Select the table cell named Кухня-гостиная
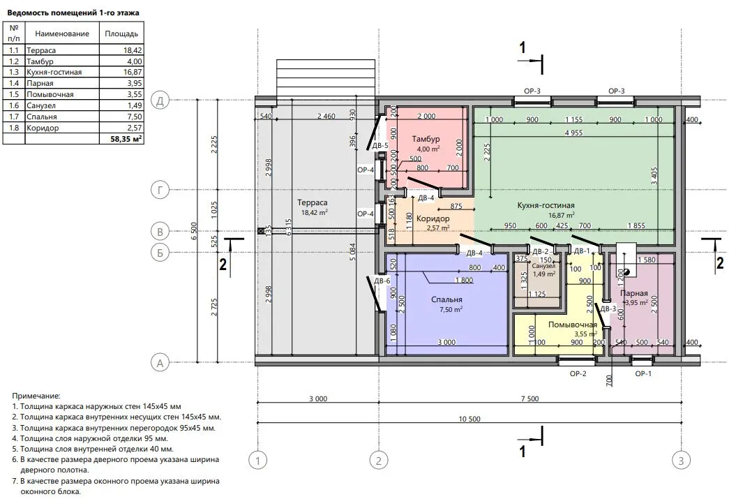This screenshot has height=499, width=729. (x=54, y=72)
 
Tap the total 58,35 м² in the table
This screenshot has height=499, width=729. (x=126, y=139)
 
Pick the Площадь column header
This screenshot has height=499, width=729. (x=121, y=33)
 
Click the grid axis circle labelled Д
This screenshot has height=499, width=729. (x=160, y=101)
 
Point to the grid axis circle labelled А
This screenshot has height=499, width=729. (x=160, y=363)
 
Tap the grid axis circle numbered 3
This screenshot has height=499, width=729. (x=681, y=461)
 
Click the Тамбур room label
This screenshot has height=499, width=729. (x=426, y=139)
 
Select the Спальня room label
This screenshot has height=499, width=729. (x=446, y=299)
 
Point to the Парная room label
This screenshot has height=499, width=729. (x=633, y=293)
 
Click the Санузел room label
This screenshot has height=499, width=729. (x=543, y=266)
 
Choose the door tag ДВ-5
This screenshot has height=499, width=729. (x=379, y=146)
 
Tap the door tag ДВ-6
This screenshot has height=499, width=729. (x=382, y=281)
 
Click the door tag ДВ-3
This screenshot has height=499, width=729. (x=608, y=308)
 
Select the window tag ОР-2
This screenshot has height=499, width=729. (x=578, y=373)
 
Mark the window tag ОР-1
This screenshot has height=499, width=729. (x=643, y=373)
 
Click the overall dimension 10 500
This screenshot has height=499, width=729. (x=469, y=419)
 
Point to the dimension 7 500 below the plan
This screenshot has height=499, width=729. (x=530, y=399)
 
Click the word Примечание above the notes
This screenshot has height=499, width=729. (x=36, y=396)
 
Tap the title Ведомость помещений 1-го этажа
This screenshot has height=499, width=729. (x=73, y=13)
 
